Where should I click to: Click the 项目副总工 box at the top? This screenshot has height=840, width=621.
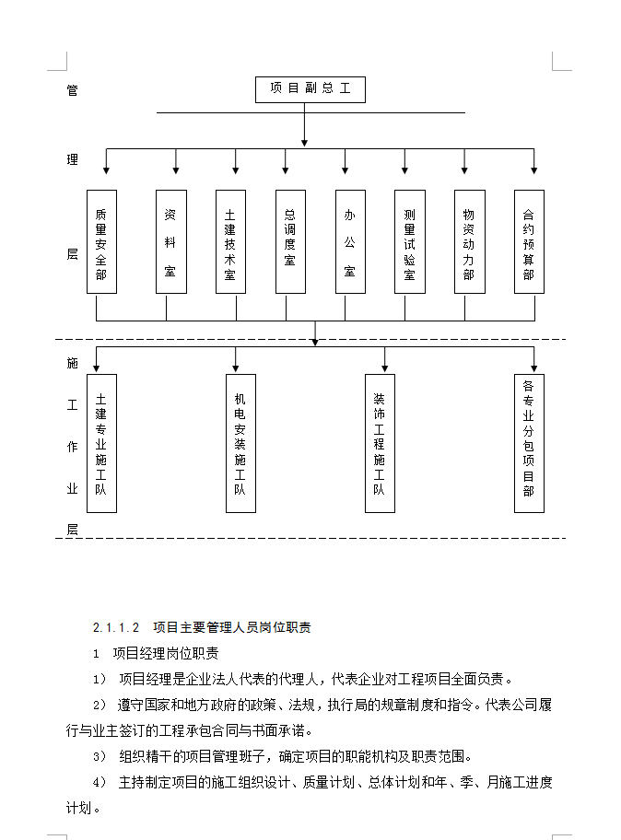310,89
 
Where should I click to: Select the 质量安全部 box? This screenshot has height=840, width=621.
101,241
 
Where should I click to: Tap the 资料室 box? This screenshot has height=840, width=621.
170,241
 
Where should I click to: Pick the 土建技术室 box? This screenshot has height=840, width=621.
230,241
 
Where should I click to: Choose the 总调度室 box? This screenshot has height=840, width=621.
290,241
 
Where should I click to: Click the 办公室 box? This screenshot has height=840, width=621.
350,241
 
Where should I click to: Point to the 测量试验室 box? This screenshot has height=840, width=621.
410,241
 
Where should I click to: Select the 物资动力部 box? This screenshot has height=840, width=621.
469,241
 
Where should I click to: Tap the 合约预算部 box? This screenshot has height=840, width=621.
529,241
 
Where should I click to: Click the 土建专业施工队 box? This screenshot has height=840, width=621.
101,443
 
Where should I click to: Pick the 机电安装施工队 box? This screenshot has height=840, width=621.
240,443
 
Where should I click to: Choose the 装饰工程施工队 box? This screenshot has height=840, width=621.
380,443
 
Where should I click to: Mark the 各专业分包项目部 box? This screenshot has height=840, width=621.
529,443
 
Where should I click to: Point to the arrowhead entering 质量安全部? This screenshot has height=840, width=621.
107,169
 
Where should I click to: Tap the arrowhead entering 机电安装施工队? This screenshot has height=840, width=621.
236,367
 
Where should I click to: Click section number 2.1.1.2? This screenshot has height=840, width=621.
115,628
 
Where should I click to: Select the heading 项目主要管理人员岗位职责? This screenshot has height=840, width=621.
232,628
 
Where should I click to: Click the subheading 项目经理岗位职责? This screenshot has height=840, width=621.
166,654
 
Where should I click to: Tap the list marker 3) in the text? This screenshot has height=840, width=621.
100,757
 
